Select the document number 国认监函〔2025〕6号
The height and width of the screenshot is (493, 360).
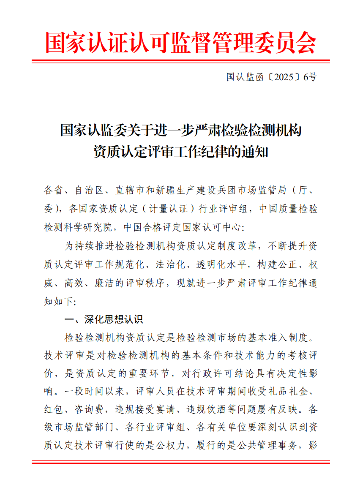pyautogui.click(x=271, y=77)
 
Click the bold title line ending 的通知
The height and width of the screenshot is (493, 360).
pyautogui.click(x=180, y=151)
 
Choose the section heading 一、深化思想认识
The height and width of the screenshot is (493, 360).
pyautogui.click(x=104, y=319)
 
